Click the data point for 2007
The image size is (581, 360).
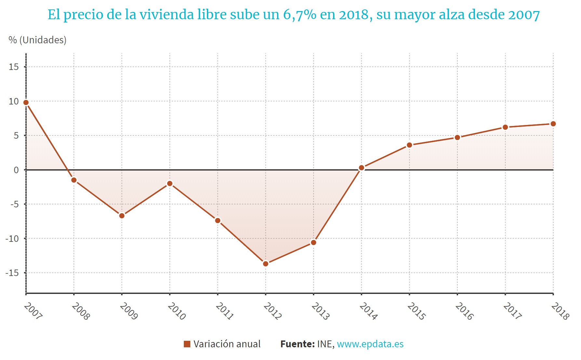coord(26,103)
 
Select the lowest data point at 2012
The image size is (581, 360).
coord(266,264)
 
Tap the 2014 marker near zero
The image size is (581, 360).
coord(361,168)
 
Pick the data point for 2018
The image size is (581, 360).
coord(553,124)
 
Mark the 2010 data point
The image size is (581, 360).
coord(170,184)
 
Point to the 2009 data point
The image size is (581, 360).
coord(122,216)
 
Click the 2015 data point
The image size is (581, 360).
coord(409,145)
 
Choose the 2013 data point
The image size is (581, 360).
coord(314,242)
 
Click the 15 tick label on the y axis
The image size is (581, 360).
coord(14,67)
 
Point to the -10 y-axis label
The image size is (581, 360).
coord(12,239)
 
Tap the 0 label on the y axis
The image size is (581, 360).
coord(16,170)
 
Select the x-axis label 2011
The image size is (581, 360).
coord(224,311)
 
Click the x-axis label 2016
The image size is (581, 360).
coord(464,311)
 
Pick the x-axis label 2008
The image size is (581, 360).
coord(81,311)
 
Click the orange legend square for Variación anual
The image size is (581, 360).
coord(187,344)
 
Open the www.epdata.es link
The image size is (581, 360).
coord(370,344)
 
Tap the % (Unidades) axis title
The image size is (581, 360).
coord(37,40)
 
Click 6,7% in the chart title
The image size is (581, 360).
coord(300,15)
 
